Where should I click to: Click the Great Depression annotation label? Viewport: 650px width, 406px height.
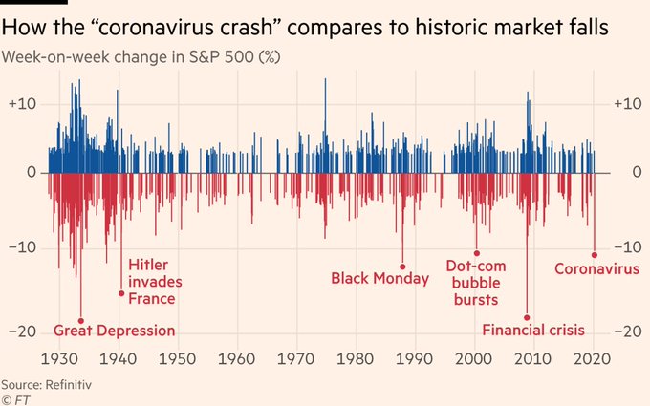(115, 331)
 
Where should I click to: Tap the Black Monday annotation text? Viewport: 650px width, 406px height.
(376, 278)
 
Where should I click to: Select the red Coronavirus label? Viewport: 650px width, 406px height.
(596, 268)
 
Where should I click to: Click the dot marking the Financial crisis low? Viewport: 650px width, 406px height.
(527, 317)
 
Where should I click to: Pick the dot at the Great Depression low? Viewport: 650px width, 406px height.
(80, 320)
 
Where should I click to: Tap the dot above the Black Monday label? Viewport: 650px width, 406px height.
(402, 267)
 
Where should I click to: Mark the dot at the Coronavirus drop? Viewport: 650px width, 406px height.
(595, 255)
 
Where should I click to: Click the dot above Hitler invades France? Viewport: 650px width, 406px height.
(121, 293)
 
